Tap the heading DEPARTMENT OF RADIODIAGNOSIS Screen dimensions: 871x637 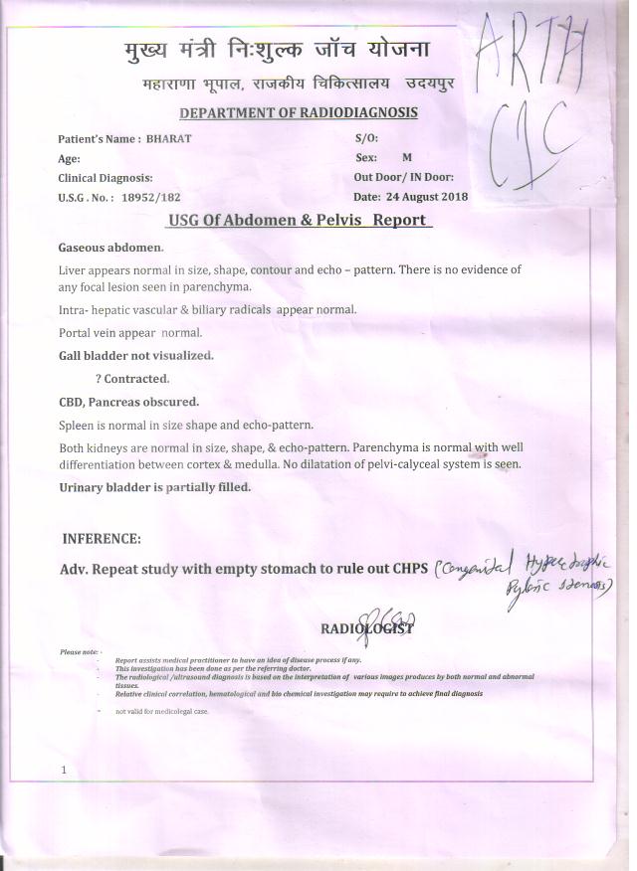299,113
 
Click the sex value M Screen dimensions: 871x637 407,158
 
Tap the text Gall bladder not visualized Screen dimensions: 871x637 136,355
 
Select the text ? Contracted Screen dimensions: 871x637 132,379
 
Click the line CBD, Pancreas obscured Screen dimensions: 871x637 129,403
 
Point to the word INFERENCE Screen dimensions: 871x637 102,539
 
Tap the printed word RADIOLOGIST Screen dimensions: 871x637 366,629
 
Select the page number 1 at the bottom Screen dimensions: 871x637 64,770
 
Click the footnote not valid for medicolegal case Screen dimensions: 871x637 162,712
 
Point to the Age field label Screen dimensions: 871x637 69,159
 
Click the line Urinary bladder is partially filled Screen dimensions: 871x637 154,487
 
